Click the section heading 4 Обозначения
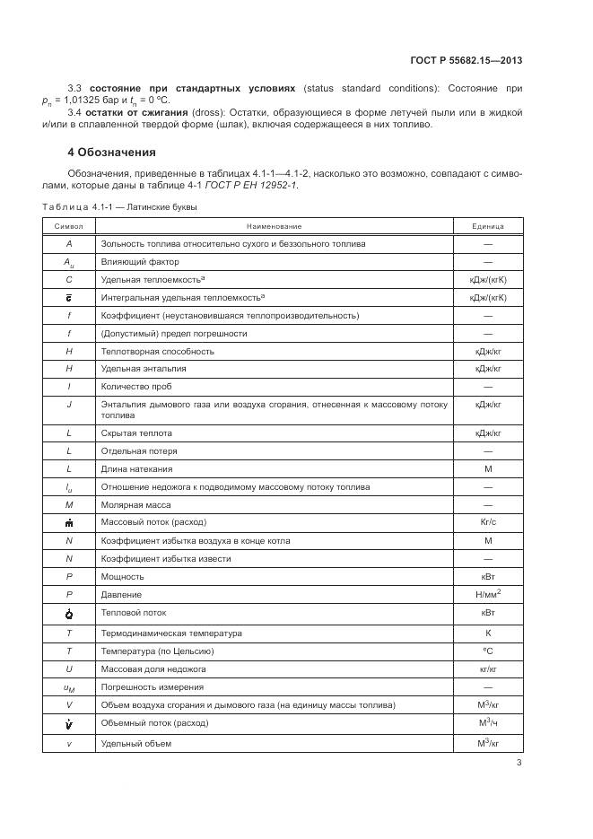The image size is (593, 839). coord(111,152)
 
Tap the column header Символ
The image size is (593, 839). coord(69,226)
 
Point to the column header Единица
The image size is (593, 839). coord(488,226)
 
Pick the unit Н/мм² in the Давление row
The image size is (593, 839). coord(489,593)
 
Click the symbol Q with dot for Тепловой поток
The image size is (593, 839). coord(69,614)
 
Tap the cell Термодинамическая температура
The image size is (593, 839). coord(159,633)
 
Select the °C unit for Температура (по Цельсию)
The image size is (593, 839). coord(489,651)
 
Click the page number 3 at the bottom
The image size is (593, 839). coord(519,763)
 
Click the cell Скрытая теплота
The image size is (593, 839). coord(135,433)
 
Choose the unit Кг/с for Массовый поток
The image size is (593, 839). coord(489,521)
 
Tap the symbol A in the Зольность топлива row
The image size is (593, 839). coord(69,243)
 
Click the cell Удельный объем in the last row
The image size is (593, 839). coord(135,743)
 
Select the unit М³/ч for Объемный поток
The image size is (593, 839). coord(489,723)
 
